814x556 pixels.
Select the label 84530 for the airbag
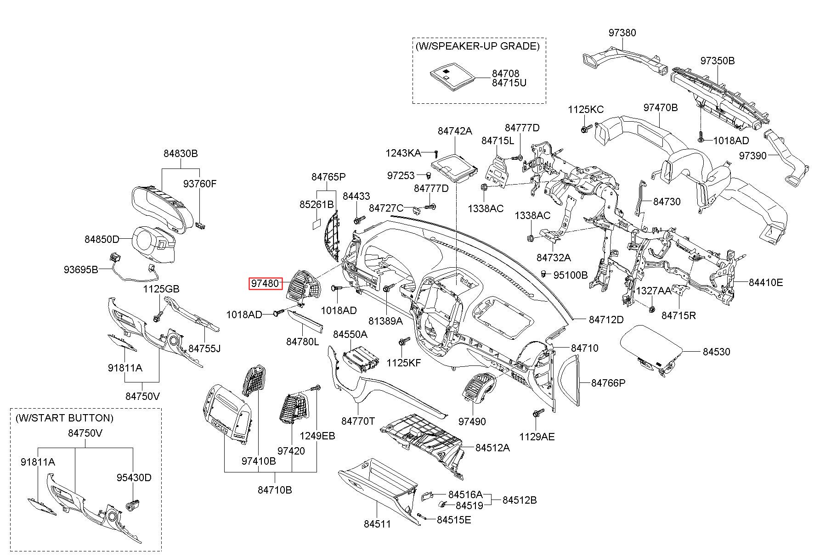716,352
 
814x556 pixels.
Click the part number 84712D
606,320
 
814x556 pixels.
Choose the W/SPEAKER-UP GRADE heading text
477,46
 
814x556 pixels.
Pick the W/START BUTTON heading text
64,418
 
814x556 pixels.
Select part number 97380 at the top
622,33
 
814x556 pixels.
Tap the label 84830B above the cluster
181,153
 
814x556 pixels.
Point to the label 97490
472,421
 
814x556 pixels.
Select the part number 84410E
766,282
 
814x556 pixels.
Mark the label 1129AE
537,436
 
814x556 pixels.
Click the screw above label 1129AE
538,413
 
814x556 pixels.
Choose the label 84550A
350,334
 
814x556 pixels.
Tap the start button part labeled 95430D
133,506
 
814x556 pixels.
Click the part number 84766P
608,382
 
